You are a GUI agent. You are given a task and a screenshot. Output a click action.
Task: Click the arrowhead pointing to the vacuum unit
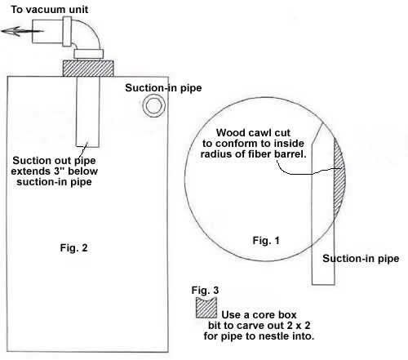coord(11,31)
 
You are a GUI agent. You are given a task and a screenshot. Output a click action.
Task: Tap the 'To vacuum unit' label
coord(50,10)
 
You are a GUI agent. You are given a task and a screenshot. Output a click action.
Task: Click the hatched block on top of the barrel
coord(88,69)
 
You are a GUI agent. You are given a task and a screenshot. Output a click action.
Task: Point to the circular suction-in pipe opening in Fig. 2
coord(154,105)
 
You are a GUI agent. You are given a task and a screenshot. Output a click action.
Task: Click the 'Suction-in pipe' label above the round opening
coord(163,88)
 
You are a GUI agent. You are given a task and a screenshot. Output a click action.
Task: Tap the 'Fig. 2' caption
coord(73,248)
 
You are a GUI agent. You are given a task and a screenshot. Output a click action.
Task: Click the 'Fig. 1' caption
coord(266,241)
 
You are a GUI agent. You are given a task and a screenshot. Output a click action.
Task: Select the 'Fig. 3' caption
coord(205,291)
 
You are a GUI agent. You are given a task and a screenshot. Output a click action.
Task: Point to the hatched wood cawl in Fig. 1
coord(339,178)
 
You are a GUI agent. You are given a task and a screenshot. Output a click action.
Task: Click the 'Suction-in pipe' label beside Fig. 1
coord(361,259)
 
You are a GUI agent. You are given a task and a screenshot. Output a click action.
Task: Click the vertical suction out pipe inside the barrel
coord(87,112)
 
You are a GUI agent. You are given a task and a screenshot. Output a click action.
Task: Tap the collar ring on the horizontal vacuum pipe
coord(67,31)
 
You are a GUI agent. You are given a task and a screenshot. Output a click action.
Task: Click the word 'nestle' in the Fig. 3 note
coord(270,336)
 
